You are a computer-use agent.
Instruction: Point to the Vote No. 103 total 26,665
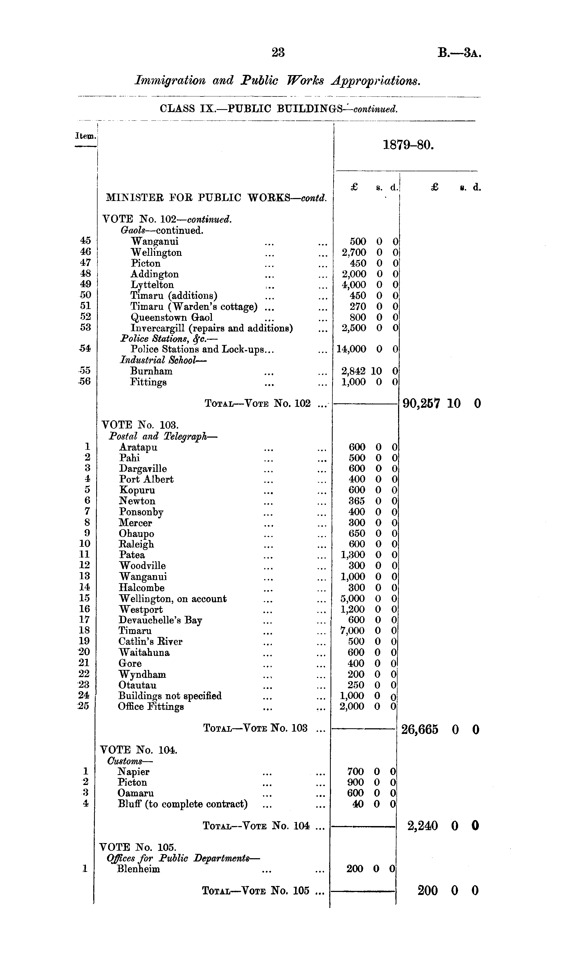click(x=419, y=730)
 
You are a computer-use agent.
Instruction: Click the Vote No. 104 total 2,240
click(x=422, y=826)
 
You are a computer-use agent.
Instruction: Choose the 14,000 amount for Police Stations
click(x=351, y=349)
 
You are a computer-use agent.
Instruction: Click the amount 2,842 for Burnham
click(x=353, y=371)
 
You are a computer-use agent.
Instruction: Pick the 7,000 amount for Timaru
click(x=352, y=631)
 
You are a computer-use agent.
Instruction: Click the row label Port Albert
click(x=146, y=479)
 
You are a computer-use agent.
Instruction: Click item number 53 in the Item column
click(x=85, y=327)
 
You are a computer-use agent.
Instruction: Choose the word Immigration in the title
click(x=170, y=80)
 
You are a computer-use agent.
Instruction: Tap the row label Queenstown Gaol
click(x=172, y=317)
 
